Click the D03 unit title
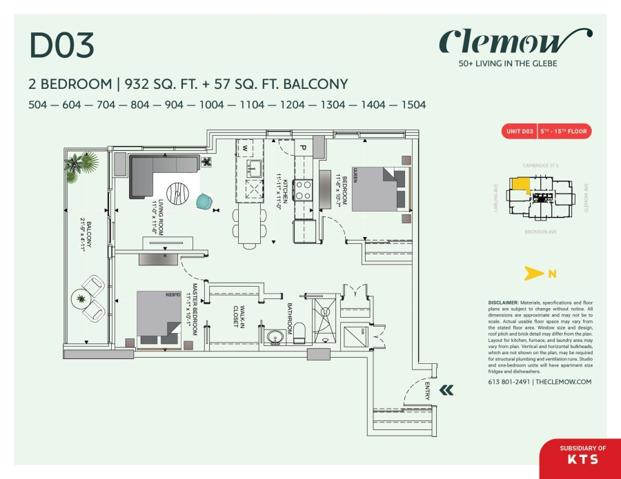tap(61, 45)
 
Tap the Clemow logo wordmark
tap(515, 43)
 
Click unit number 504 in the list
tap(42, 105)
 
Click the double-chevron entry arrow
tap(447, 390)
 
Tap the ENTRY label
tap(428, 391)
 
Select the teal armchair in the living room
tap(204, 201)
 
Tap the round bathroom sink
tap(276, 338)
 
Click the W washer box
tap(244, 147)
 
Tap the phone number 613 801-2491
tap(509, 382)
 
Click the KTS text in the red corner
tap(582, 458)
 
